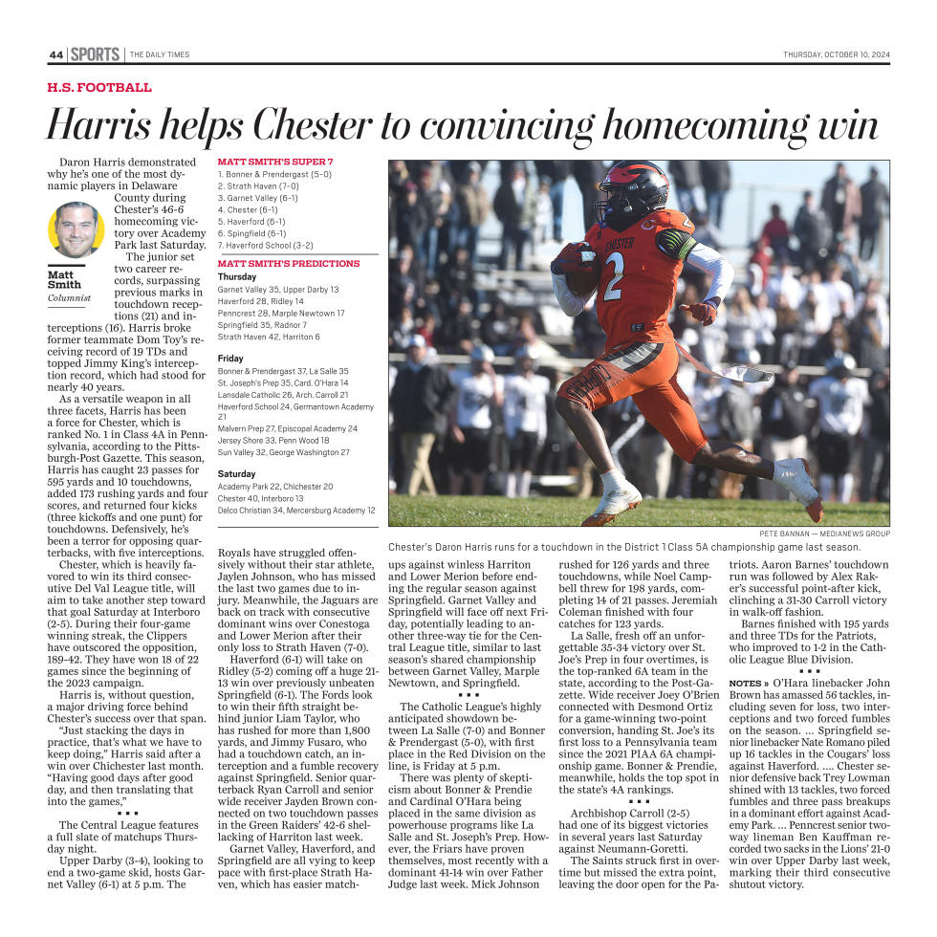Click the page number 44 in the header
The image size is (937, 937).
tap(55, 55)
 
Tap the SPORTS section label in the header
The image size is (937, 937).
tap(96, 54)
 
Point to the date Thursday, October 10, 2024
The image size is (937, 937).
tap(836, 55)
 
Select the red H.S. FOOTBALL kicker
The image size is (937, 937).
tap(99, 88)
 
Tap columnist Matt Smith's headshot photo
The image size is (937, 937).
tap(76, 230)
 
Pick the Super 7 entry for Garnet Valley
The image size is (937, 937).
tap(258, 198)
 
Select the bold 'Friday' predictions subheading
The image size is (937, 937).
tap(230, 358)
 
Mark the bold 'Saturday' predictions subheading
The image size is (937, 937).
tap(236, 473)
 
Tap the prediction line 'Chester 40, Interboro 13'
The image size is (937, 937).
tap(261, 498)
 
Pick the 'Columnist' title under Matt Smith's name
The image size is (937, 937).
tap(69, 298)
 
